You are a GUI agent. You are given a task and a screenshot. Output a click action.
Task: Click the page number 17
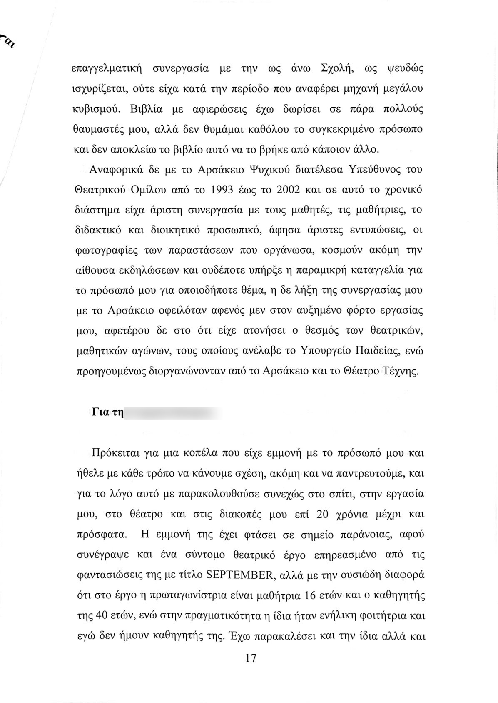(x=251, y=658)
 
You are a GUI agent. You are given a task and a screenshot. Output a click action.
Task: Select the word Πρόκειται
(x=115, y=452)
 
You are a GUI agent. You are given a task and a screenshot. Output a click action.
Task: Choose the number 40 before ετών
(x=103, y=616)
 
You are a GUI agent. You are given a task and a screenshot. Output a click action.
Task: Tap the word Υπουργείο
(x=324, y=351)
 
